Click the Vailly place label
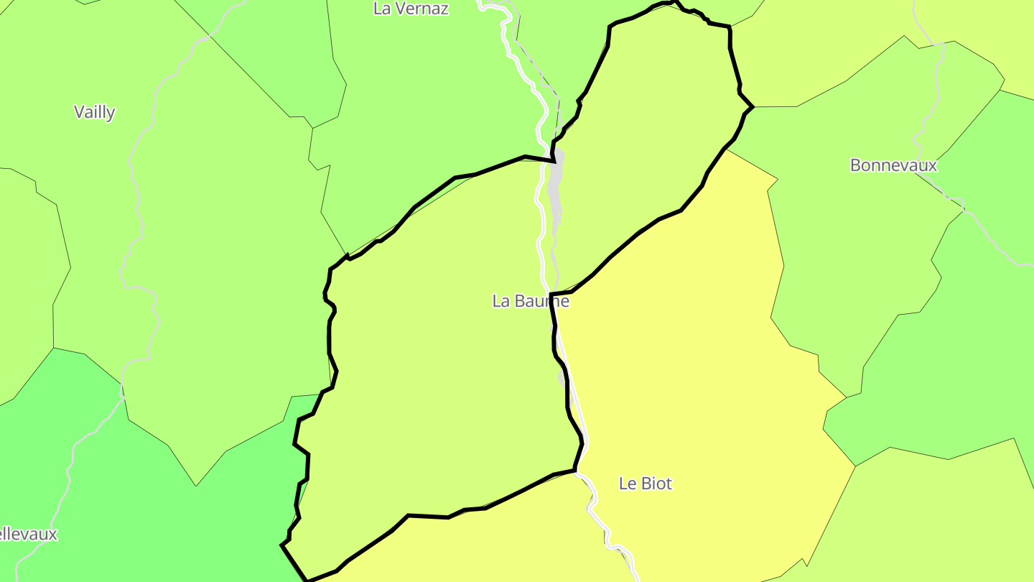click(95, 112)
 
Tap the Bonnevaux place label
click(893, 165)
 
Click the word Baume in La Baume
click(541, 301)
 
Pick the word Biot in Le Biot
click(656, 484)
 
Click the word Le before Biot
click(627, 484)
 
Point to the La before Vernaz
click(382, 9)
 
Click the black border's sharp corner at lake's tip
click(555, 161)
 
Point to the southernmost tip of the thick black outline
click(307, 580)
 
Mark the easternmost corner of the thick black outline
click(753, 107)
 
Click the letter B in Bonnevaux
click(855, 165)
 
